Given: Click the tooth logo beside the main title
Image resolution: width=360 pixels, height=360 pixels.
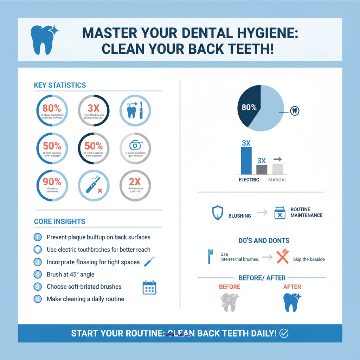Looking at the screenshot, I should (x=40, y=40).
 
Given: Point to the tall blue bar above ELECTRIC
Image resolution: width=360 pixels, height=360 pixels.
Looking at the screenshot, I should (x=246, y=161).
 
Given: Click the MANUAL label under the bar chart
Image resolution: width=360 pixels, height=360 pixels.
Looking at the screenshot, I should (x=277, y=180).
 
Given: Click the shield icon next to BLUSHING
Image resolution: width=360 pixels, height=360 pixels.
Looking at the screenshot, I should (x=217, y=213).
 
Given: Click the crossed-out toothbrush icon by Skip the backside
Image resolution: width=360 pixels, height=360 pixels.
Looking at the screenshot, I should (x=282, y=256).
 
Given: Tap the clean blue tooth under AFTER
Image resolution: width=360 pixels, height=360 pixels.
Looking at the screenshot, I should (x=291, y=302).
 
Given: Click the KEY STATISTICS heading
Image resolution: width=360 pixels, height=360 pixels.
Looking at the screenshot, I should (x=60, y=85).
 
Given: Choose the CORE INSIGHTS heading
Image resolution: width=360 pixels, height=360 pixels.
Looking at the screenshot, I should (x=59, y=221).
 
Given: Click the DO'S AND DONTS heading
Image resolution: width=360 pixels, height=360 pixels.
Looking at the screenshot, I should (x=264, y=241).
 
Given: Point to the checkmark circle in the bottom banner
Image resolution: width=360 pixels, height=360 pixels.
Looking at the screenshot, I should (x=284, y=333).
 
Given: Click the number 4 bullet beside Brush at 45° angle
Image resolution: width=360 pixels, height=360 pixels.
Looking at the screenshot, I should (x=38, y=274).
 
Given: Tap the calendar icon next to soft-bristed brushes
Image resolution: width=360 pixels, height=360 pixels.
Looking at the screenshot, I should (x=149, y=287).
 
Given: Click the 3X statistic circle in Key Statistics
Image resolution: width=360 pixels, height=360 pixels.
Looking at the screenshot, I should (x=94, y=110).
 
